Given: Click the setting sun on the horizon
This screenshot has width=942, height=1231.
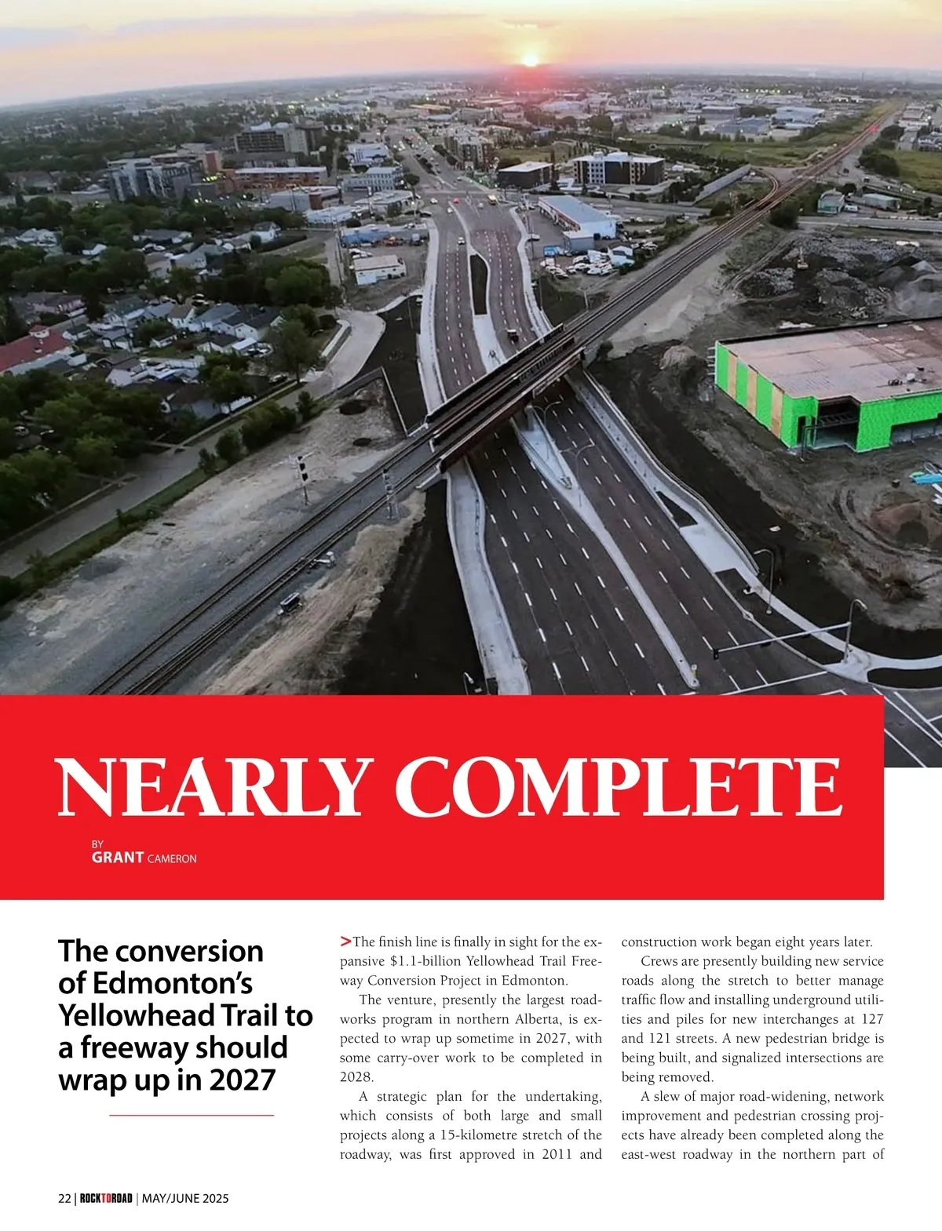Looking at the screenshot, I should coord(530,60).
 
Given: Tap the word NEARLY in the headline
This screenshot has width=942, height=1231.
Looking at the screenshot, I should coord(211,787).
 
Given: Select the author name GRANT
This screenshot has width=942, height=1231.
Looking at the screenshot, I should coord(117,858).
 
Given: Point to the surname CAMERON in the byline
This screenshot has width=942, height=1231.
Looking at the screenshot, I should coord(172,859).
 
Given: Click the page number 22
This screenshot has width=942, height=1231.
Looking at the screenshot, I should coord(64,1198).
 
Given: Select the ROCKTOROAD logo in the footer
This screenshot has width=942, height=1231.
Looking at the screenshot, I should coord(106,1198).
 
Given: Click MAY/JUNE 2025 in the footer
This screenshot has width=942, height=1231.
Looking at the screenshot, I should coord(185,1198).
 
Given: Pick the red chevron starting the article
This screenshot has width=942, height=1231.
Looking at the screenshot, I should coord(345,941).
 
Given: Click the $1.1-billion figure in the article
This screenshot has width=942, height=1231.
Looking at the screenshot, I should coord(424,961).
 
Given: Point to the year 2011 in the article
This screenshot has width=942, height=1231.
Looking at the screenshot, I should coord(557,1154).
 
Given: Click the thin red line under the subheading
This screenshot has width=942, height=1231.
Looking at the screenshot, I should coord(192,1115).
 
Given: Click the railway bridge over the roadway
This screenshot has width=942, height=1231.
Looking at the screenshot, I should coord(502,384).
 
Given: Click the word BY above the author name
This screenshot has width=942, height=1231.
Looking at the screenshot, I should coord(97,844).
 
